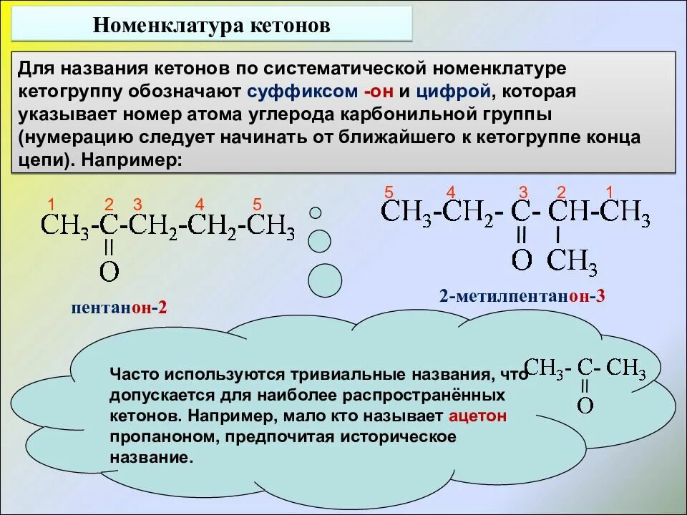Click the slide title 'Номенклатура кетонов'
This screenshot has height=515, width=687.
coord(212,26)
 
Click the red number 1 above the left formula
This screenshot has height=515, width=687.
coord(52,204)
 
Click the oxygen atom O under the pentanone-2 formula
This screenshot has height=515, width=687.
coord(109,271)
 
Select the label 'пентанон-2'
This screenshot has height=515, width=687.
coord(119,308)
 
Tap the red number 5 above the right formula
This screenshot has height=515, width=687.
coord(389,192)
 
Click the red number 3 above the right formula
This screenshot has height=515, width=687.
coord(523,192)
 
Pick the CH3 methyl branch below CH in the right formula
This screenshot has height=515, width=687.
coord(572,262)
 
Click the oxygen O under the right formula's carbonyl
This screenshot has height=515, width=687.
coord(522,260)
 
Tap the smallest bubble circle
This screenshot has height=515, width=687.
coord(315,212)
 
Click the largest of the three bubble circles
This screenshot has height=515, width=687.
coord(325,280)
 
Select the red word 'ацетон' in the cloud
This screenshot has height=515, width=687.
coord(478,416)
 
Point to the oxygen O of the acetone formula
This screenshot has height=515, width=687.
coord(585,406)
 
